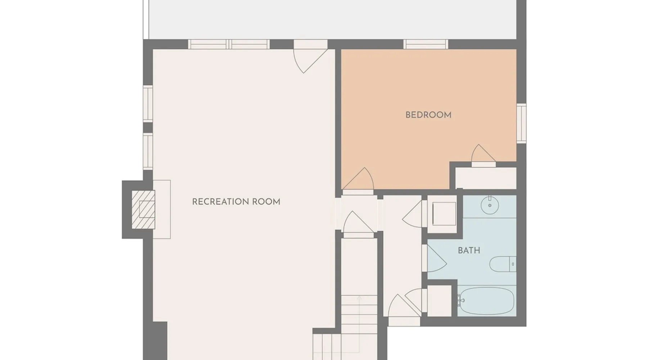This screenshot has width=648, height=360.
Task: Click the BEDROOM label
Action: click(428, 115)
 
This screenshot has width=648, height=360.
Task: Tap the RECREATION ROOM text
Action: click(236, 202)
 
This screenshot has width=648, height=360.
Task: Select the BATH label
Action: click(469, 251)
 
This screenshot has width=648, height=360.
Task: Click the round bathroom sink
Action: click(490, 205)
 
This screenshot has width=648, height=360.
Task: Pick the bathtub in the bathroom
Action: click(487, 301)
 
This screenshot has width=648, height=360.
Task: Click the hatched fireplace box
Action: click(143, 210)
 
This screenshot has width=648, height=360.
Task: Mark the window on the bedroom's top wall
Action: click(426, 44)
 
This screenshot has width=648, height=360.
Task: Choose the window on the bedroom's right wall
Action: click(521, 123)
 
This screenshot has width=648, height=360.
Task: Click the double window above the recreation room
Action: click(229, 44)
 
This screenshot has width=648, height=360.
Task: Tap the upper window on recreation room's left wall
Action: click(148, 104)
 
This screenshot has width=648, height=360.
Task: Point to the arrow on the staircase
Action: click(359, 324)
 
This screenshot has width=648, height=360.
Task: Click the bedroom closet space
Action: click(486, 178)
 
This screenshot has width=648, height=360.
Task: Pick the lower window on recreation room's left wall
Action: click(148, 151)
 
